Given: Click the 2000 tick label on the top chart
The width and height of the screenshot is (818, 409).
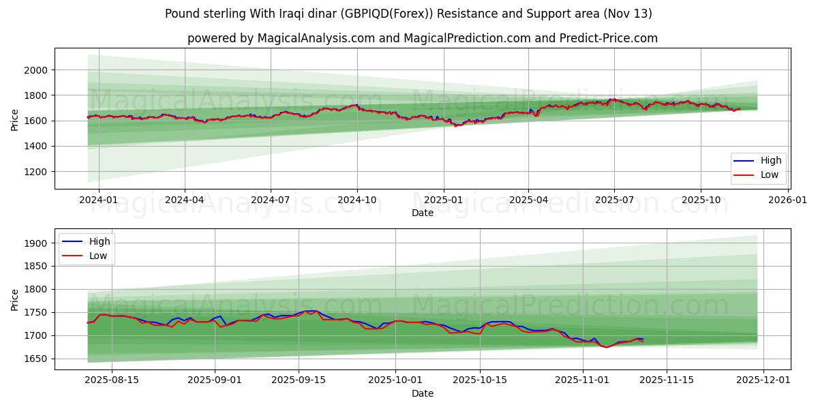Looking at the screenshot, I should [35, 70].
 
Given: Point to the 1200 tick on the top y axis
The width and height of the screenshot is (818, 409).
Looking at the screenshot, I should [35, 172].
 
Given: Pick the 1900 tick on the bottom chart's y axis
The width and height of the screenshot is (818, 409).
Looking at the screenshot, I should [35, 243].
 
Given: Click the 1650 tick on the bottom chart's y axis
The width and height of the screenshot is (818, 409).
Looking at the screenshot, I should [35, 359].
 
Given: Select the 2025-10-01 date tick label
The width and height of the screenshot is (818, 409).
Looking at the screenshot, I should [395, 380].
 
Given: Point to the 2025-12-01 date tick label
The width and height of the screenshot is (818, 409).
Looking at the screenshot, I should [763, 380].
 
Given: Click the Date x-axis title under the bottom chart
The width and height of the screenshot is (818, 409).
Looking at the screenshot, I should [423, 393].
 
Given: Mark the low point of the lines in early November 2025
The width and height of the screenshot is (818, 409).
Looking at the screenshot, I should [606, 347].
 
